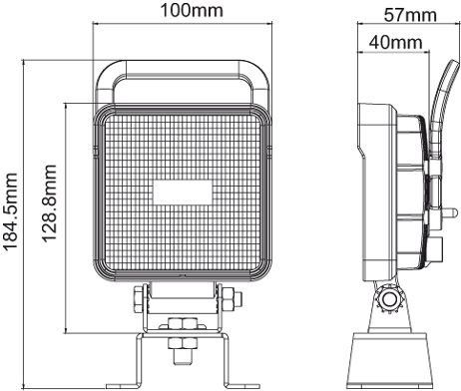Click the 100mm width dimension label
(x=192, y=10)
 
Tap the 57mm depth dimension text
(x=410, y=15)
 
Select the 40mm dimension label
(x=395, y=42)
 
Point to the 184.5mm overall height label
(x=10, y=211)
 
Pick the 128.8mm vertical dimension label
(x=49, y=203)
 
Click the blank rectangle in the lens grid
(x=183, y=193)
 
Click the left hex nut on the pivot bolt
(x=138, y=298)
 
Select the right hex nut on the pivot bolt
(x=229, y=298)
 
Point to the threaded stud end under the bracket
(x=183, y=356)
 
